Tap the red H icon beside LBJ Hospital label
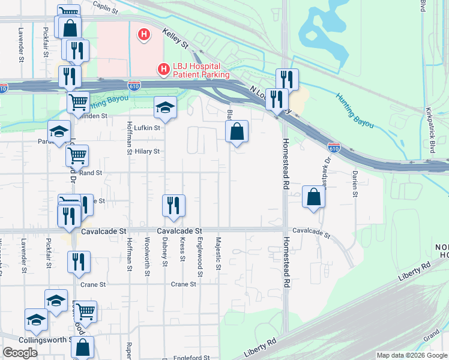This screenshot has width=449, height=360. (x=163, y=70)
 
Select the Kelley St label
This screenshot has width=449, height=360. (x=176, y=41)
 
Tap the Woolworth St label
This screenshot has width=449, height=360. (x=147, y=254)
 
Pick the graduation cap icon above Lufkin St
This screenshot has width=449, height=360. (x=165, y=107)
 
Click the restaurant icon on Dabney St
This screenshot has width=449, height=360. (x=173, y=205)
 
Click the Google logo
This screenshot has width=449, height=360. (x=20, y=353)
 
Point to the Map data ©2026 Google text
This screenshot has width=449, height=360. (x=412, y=355)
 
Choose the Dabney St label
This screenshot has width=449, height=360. (x=164, y=251)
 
